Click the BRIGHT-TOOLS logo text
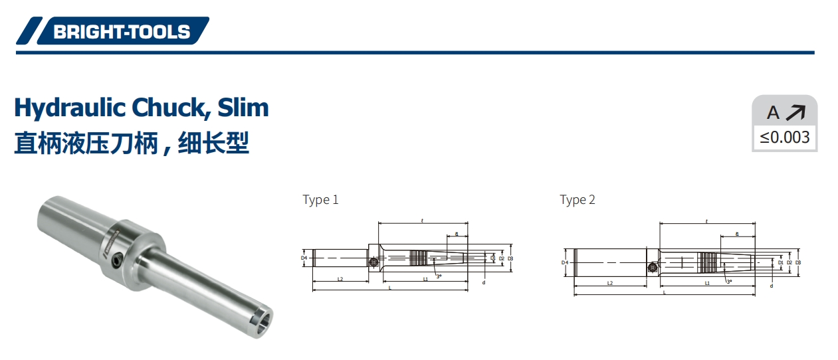tap(122, 31)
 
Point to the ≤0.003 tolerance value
tap(785, 137)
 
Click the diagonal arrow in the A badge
tap(795, 113)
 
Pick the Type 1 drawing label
tap(320, 200)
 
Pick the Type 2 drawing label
tap(577, 200)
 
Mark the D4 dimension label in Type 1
tap(304, 258)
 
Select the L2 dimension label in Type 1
tap(340, 280)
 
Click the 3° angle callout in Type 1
tap(439, 276)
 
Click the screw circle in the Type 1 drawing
tap(371, 263)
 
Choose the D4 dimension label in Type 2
tap(564, 263)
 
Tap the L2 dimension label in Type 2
tap(610, 284)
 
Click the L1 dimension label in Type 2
tap(707, 284)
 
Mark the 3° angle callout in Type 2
tap(729, 282)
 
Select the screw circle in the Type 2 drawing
tap(653, 268)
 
